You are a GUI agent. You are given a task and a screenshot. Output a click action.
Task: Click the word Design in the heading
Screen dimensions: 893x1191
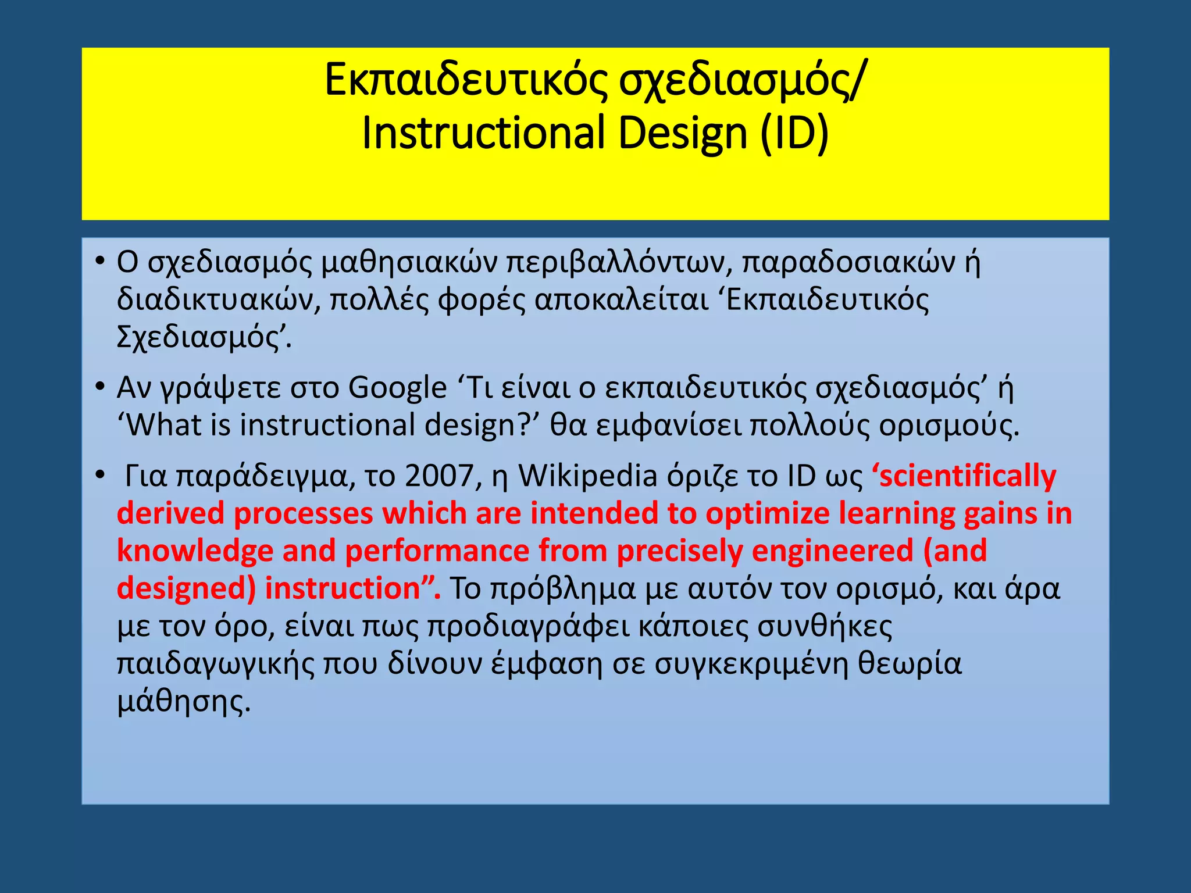(682, 133)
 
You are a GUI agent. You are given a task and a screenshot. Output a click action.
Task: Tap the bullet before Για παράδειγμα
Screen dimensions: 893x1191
(100, 476)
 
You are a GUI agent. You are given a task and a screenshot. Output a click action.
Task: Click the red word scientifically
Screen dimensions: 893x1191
(964, 477)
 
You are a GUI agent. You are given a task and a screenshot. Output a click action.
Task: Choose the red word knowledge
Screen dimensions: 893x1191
(195, 551)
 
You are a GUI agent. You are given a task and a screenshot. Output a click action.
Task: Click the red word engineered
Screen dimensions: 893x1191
(832, 551)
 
